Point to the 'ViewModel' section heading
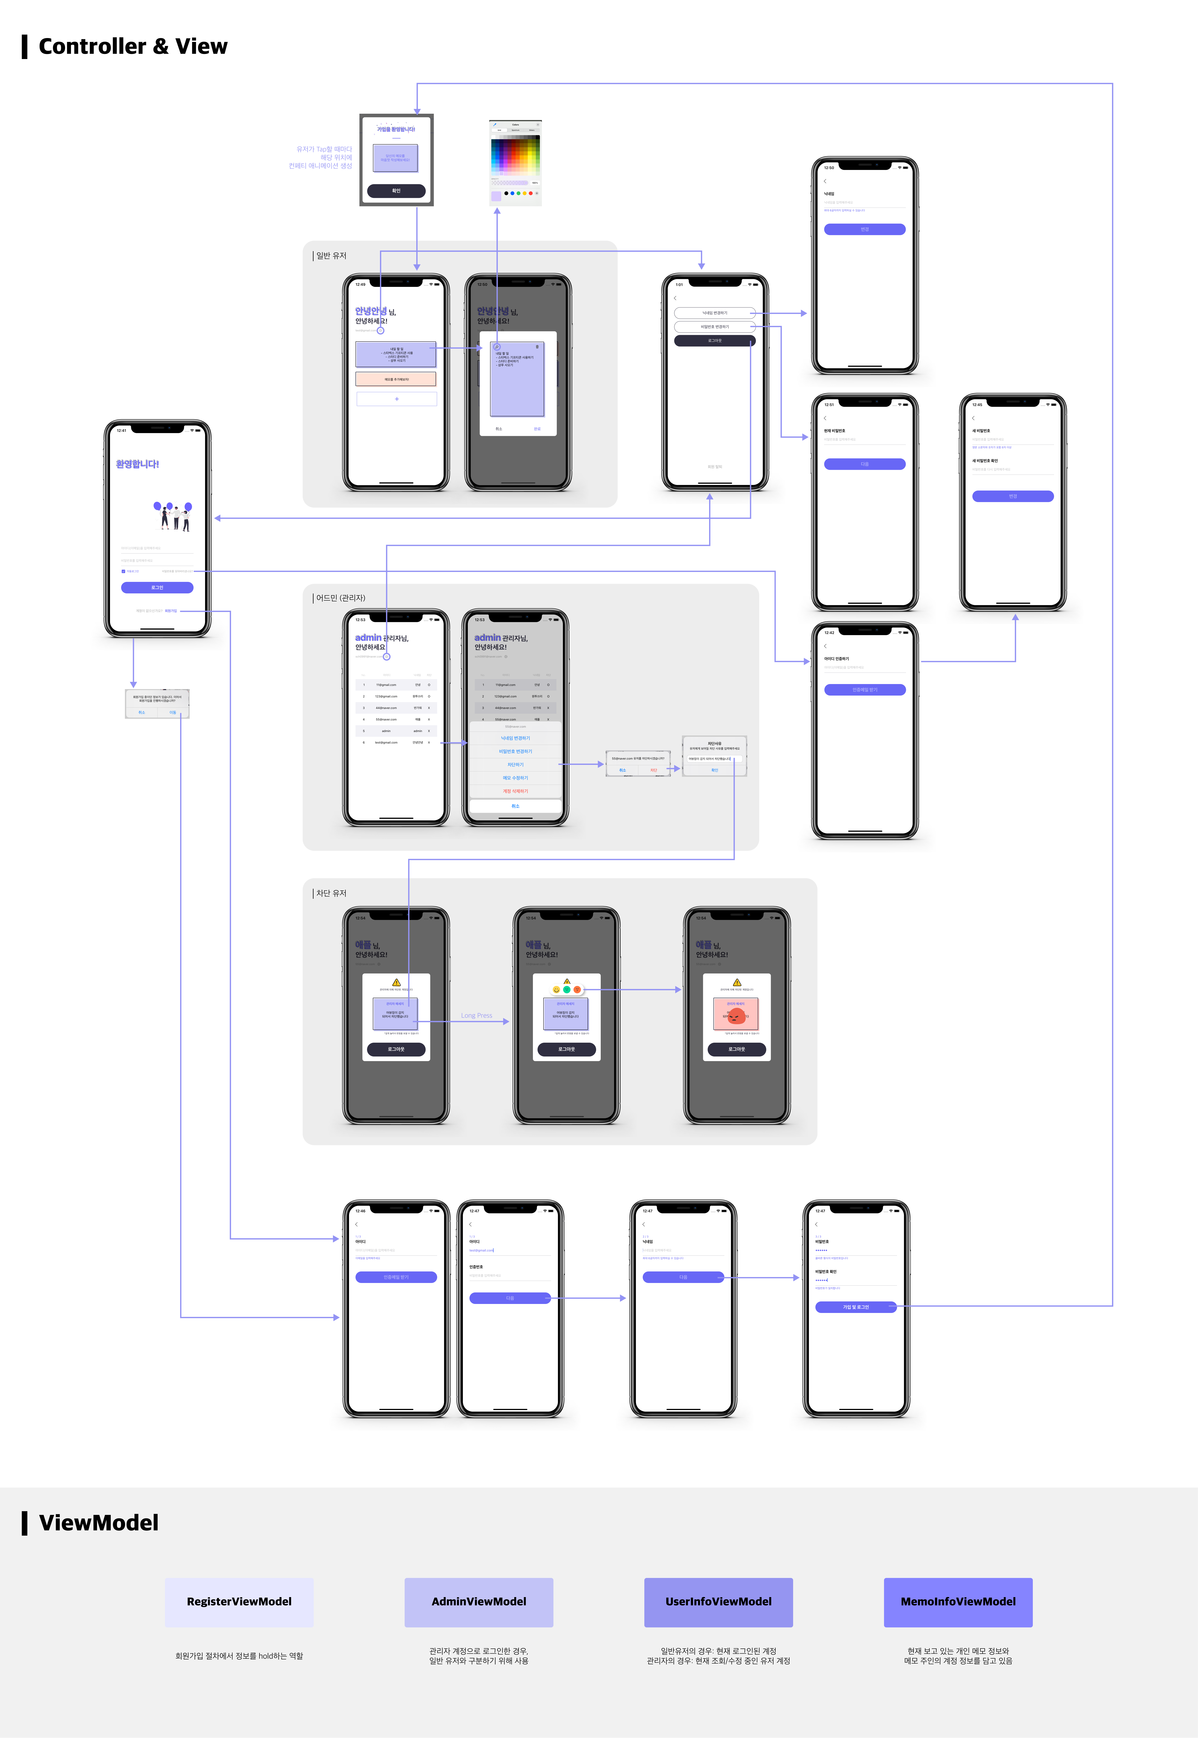pos(98,1523)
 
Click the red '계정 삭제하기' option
pos(515,791)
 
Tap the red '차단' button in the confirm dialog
pos(653,770)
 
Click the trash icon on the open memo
pos(537,347)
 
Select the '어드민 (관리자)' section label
pos(340,598)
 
